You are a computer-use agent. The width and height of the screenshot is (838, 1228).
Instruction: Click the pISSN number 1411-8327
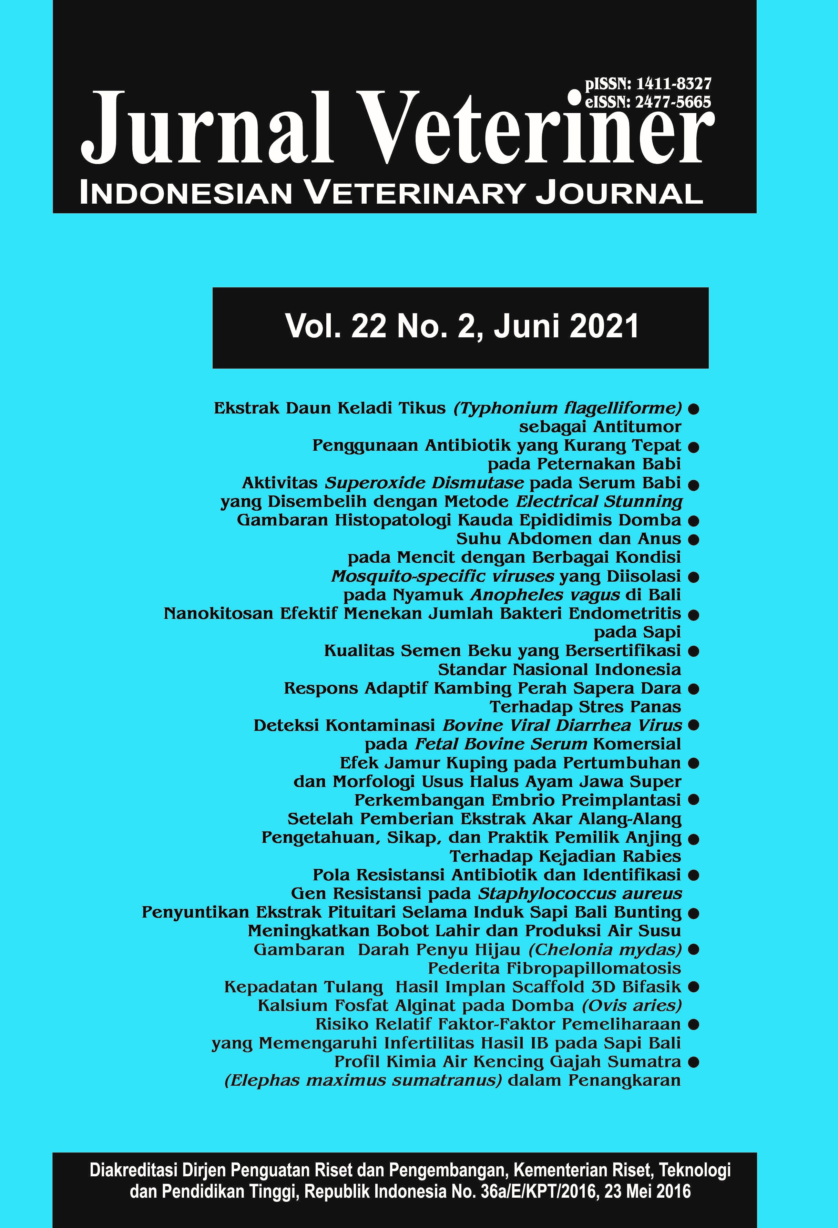pyautogui.click(x=674, y=84)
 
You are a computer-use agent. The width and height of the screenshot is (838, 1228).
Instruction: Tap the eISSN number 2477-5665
pyautogui.click(x=673, y=102)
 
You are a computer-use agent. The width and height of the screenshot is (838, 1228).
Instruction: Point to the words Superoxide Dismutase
pyautogui.click(x=424, y=483)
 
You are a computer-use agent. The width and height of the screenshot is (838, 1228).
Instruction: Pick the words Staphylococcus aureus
pyautogui.click(x=580, y=893)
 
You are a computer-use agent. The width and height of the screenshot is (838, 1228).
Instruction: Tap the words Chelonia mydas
pyautogui.click(x=605, y=950)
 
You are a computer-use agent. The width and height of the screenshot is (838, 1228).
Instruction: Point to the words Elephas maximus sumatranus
pyautogui.click(x=363, y=1080)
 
